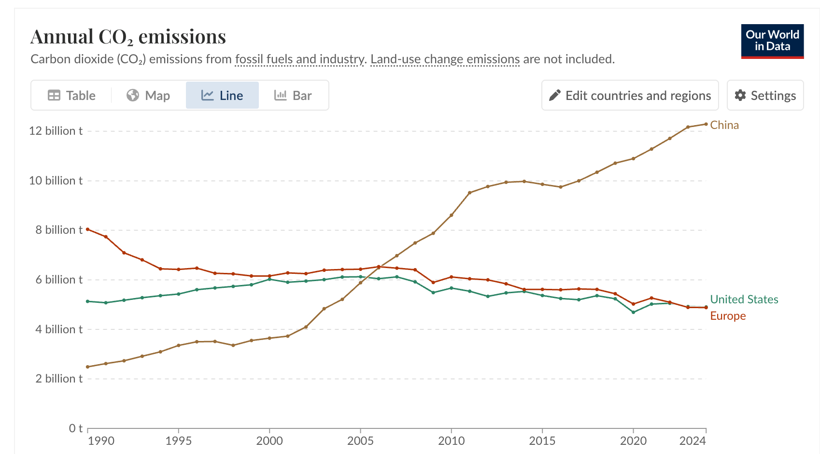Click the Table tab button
[71, 96]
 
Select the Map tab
[148, 96]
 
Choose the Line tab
[222, 96]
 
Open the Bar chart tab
[293, 96]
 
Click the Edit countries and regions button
[630, 96]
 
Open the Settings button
[765, 96]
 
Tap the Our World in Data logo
[772, 41]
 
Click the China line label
[724, 125]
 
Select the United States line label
[744, 299]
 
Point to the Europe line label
[728, 316]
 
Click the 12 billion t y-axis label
[56, 131]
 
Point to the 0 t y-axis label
[76, 428]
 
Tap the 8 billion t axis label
[58, 230]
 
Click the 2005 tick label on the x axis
[360, 440]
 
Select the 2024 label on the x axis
[693, 440]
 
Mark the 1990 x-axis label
[101, 440]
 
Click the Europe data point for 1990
[87, 229]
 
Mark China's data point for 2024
[706, 124]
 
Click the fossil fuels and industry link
[299, 59]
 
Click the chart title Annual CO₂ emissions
[128, 37]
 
